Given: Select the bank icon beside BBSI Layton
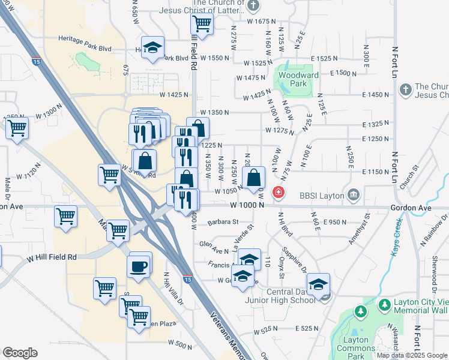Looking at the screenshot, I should click(353, 195).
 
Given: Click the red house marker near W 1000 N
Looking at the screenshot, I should click(279, 193).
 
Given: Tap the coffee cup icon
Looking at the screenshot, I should click(139, 266).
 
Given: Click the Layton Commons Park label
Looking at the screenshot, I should click(356, 344).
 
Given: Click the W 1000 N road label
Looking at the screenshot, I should click(247, 206).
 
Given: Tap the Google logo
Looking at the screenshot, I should click(20, 353).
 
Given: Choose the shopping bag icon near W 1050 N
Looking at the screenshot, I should click(253, 178).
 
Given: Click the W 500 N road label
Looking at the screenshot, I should click(180, 344).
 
